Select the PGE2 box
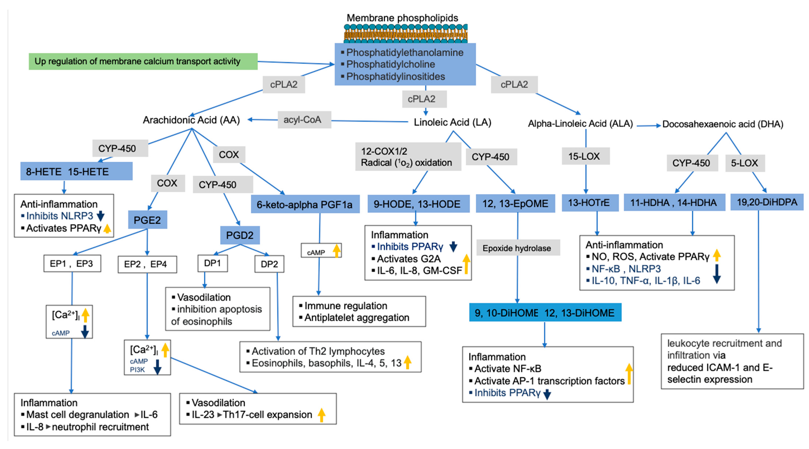coord(147,220)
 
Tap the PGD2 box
coord(240,235)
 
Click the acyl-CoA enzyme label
coord(304,120)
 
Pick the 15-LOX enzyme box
coord(585,156)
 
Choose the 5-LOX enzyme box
coord(745,163)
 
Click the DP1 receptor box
coord(213,263)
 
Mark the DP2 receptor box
coord(269,264)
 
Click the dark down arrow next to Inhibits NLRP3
coord(100,216)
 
